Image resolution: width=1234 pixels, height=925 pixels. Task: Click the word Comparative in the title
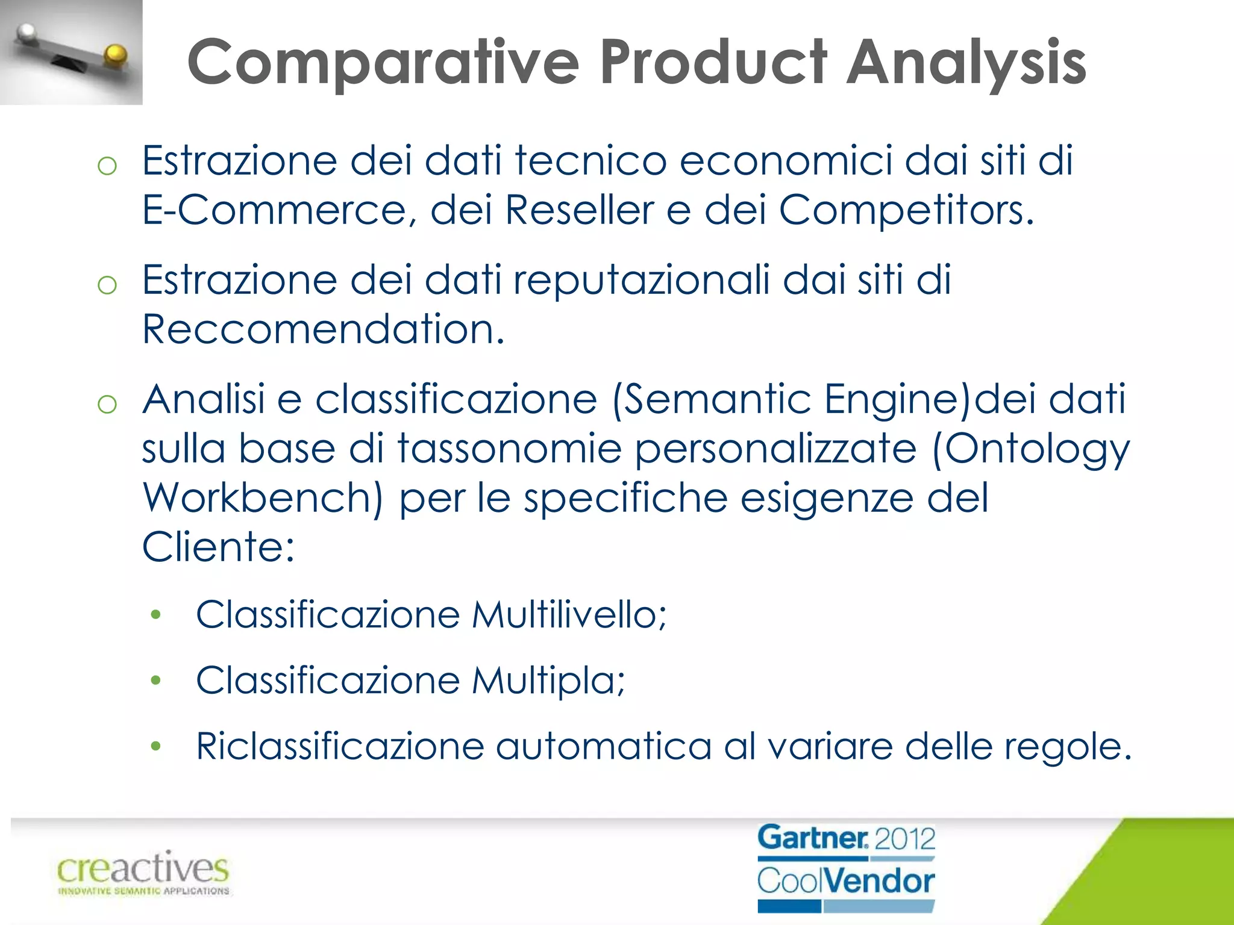tap(383, 63)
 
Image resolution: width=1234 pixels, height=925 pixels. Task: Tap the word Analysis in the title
tap(966, 63)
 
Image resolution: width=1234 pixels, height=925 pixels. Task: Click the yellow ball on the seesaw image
tap(114, 55)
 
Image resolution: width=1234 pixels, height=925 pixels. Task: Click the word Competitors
tap(906, 210)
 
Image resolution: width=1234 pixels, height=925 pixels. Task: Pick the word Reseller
tap(579, 210)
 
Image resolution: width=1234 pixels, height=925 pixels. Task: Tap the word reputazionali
tap(641, 281)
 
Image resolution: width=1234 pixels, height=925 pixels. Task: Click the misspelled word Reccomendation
tap(323, 329)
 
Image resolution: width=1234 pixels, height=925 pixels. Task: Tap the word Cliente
tap(218, 547)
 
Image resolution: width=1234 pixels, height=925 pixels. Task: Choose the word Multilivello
tap(569, 615)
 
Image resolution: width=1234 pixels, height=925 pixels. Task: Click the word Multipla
tap(548, 681)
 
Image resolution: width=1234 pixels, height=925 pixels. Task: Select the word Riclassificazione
tap(340, 747)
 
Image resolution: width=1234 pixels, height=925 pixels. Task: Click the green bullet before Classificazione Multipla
tap(156, 681)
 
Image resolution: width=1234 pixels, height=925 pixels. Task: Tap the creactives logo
tap(143, 872)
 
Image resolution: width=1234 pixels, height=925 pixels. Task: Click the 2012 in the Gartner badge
tap(904, 839)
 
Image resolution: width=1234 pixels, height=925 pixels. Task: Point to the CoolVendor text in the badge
tap(846, 881)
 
